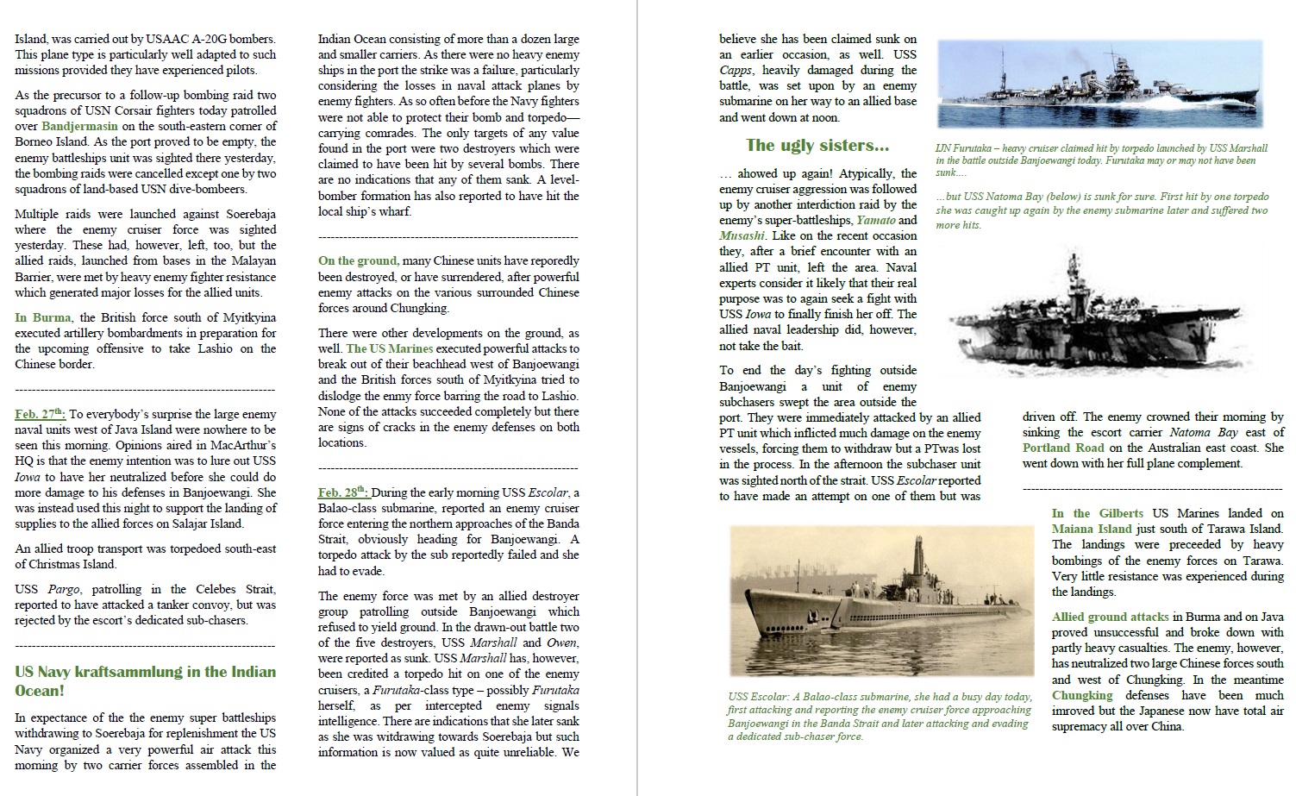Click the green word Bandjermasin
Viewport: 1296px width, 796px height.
(x=78, y=126)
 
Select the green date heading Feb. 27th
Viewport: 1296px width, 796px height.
(x=40, y=414)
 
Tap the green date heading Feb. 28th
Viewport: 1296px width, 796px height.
(x=343, y=492)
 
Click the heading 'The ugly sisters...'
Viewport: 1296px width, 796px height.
(x=817, y=145)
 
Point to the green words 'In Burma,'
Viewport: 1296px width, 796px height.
(x=43, y=317)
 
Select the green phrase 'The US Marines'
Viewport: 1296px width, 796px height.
(x=389, y=348)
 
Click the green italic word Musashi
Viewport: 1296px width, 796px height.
(x=742, y=235)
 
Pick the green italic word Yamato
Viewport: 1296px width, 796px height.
(x=875, y=220)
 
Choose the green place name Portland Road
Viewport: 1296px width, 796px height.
(x=1062, y=448)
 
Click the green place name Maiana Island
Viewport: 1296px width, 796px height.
(x=1091, y=529)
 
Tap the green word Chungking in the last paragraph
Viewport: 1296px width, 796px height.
(x=1082, y=695)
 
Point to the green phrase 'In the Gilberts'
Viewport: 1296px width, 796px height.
(x=1097, y=513)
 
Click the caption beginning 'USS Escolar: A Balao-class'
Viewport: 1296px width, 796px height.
(x=880, y=716)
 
